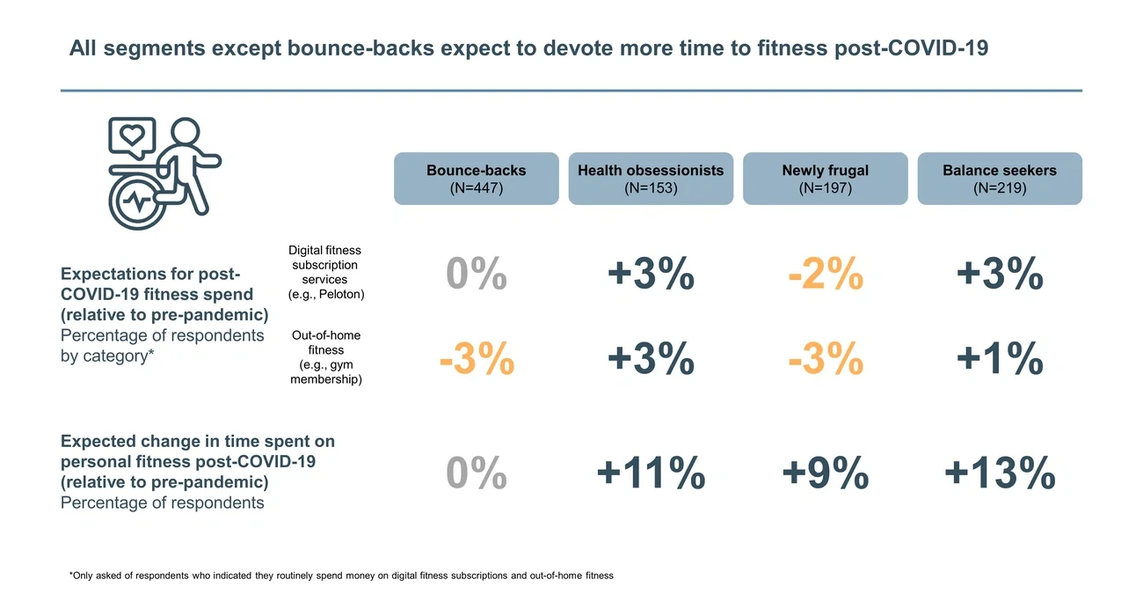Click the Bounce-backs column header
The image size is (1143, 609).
pyautogui.click(x=476, y=179)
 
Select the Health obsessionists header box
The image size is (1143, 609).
pyautogui.click(x=651, y=179)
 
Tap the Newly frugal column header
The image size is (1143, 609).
pyautogui.click(x=825, y=179)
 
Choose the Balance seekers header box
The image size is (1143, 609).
pyautogui.click(x=1000, y=179)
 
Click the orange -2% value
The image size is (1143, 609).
pyautogui.click(x=825, y=275)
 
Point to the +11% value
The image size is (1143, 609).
pyautogui.click(x=651, y=473)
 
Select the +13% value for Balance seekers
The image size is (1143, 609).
pyautogui.click(x=1000, y=473)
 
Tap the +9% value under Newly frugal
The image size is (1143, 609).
pyautogui.click(x=825, y=473)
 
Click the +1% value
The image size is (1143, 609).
pyautogui.click(x=1000, y=359)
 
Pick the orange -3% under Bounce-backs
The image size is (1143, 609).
pyautogui.click(x=476, y=359)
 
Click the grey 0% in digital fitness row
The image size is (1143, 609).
pyautogui.click(x=476, y=275)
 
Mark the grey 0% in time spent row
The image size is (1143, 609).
pyautogui.click(x=476, y=473)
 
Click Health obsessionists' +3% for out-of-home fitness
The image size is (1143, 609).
pyautogui.click(x=651, y=359)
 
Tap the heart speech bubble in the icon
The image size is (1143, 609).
pyautogui.click(x=132, y=136)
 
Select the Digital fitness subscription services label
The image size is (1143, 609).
pyautogui.click(x=325, y=272)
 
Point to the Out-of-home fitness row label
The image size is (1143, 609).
pyautogui.click(x=325, y=357)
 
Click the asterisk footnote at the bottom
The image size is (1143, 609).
pyautogui.click(x=340, y=575)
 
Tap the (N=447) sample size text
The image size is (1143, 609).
pyautogui.click(x=476, y=187)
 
